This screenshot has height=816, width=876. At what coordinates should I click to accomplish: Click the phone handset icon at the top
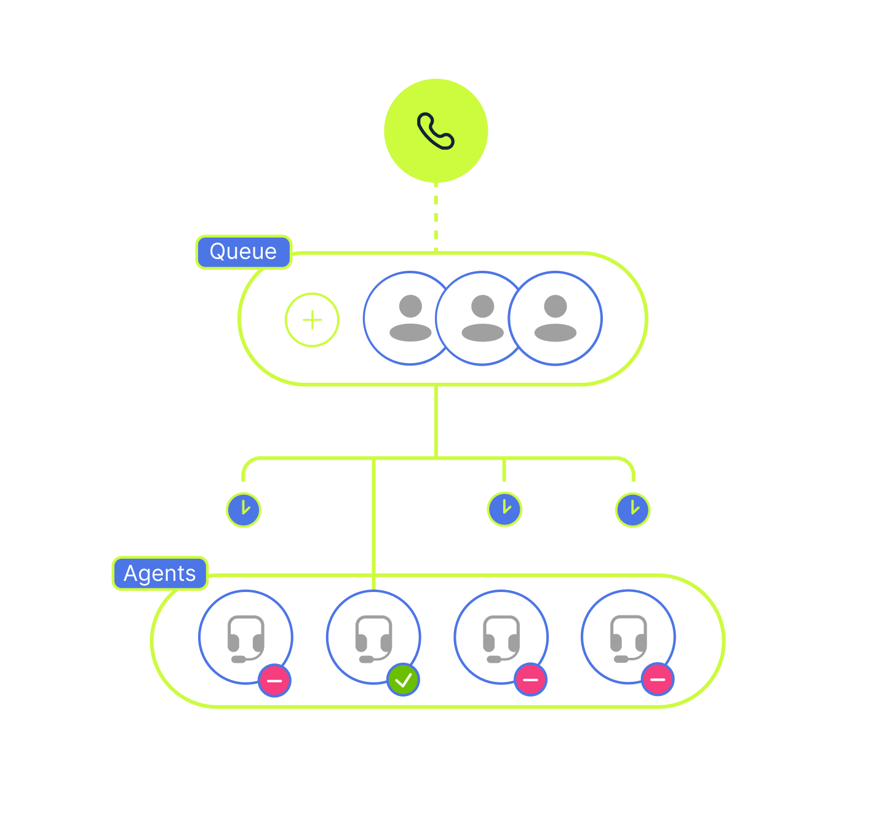[x=436, y=130]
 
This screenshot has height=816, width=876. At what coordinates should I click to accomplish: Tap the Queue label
[x=243, y=252]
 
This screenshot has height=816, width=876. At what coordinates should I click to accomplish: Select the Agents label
[x=160, y=574]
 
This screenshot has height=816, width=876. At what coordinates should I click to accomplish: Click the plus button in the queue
[x=312, y=320]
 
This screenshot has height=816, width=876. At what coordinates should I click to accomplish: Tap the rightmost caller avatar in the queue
[x=555, y=318]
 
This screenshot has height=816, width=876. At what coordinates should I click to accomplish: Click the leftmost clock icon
[x=244, y=510]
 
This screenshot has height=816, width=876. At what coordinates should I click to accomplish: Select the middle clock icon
[x=504, y=509]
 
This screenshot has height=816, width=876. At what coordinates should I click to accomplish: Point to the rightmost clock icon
[x=632, y=510]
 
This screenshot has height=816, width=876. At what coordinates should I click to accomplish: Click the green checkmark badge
[x=403, y=680]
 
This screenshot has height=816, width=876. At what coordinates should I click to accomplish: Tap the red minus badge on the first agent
[x=274, y=681]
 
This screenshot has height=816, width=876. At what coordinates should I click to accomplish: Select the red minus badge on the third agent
[x=530, y=680]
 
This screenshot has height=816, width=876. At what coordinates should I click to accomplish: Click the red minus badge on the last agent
[x=658, y=680]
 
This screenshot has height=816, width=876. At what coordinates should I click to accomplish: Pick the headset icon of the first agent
[x=245, y=638]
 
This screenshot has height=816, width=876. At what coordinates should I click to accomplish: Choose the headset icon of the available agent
[x=373, y=638]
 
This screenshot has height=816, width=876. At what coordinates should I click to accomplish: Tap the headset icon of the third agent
[x=501, y=638]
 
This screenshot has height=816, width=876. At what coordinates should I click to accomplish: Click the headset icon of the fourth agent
[x=628, y=638]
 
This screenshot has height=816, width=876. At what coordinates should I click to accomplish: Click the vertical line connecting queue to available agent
[x=373, y=523]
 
